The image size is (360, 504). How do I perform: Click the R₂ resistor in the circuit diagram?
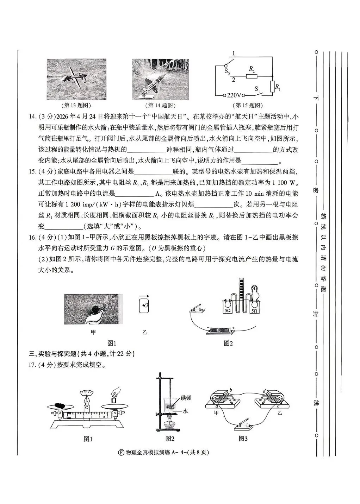coord(252,76)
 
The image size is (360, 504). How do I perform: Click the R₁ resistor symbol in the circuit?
coord(272,87)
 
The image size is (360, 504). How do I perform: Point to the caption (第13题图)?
coord(77,105)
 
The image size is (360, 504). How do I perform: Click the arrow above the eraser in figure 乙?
coord(144,296)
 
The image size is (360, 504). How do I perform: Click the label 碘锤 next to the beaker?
coord(186,398)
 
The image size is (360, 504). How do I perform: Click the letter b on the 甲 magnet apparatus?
coord(230,390)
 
